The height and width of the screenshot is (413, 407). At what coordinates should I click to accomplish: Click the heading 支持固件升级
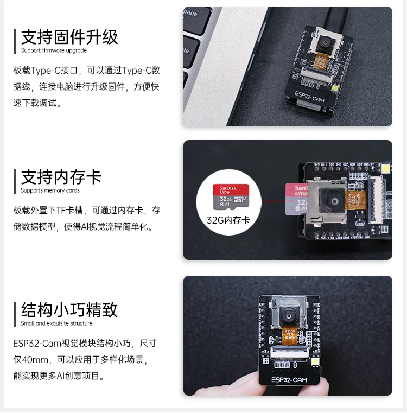click(x=69, y=37)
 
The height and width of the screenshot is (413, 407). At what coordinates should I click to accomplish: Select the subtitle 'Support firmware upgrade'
click(x=54, y=51)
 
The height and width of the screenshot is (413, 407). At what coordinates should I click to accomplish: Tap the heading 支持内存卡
click(x=61, y=177)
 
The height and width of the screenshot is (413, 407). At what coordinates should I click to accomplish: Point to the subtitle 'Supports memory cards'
click(x=50, y=191)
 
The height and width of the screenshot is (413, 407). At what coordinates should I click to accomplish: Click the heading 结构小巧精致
click(x=69, y=310)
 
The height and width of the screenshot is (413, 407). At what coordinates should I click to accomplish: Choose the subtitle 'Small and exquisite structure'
click(x=56, y=323)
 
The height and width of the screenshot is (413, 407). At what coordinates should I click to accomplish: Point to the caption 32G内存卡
click(x=228, y=220)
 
